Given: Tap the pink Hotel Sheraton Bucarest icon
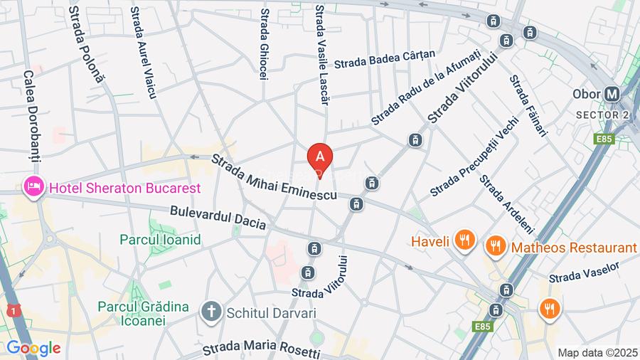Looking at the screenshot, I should pos(33,188).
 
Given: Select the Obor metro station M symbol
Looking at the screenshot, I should pos(612,95).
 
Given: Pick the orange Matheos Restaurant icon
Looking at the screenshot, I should pos(495,247).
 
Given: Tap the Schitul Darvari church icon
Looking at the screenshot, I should pos(210,311).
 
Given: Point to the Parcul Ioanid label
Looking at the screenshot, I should pos(160,240).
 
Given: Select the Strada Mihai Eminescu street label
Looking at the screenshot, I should pos(274,179).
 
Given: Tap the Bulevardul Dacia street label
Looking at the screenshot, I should pos(218,218).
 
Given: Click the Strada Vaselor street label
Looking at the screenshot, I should pos(584,272).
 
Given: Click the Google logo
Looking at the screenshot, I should pos(33,349).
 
